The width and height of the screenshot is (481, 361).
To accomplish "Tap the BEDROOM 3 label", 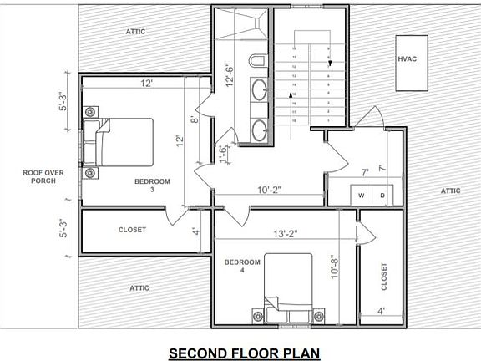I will pos(152,186).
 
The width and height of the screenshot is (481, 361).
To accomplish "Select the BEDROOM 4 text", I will pos(242,267).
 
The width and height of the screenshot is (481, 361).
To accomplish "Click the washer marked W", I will pos(362,196).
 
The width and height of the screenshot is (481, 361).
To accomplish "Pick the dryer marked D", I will pos(382,196).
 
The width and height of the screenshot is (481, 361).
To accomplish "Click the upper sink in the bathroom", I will pos(261,89).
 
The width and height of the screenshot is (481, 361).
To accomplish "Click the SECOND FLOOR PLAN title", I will pos(244,352).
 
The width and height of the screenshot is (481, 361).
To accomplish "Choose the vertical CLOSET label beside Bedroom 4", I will pos(383,277).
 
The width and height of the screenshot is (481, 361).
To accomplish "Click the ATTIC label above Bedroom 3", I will pos(134,32).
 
